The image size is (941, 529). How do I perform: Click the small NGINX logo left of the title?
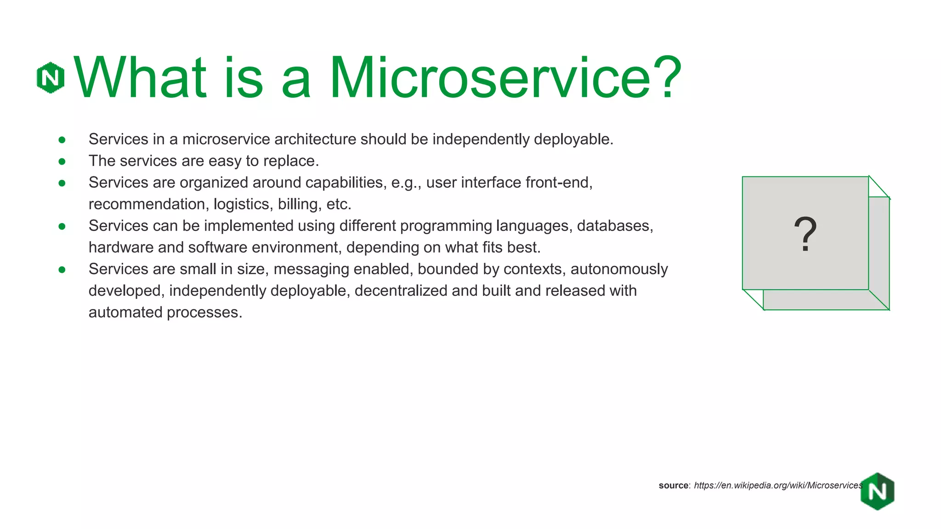coord(50,78)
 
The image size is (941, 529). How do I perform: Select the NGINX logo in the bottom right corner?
coord(877,491)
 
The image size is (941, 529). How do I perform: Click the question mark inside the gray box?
coord(805,234)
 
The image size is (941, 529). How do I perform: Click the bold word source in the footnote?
coord(673,485)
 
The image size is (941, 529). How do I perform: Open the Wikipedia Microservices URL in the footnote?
coord(778,485)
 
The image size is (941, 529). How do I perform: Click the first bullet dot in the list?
coord(62,140)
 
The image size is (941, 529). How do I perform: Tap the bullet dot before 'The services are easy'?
coord(62,161)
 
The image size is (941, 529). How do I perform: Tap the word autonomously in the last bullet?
coord(619,269)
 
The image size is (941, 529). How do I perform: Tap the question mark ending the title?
coord(666,77)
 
